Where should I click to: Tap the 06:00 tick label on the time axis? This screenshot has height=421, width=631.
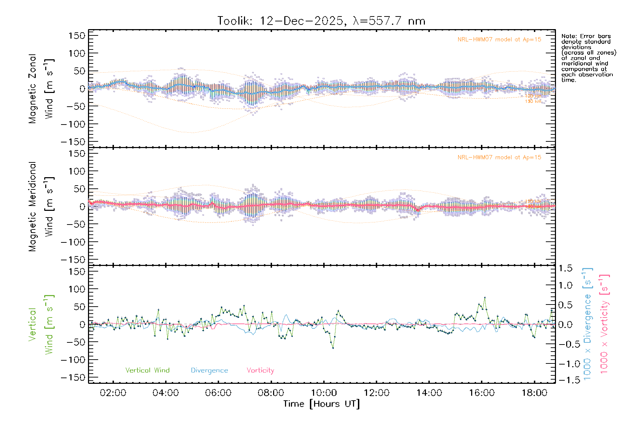tap(218, 393)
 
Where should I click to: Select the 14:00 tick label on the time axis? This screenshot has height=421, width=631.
tap(429, 393)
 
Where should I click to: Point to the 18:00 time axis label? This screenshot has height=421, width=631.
tap(534, 393)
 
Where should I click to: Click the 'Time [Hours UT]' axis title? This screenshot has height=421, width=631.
tap(321, 404)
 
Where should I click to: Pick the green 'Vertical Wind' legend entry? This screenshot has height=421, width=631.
tap(147, 370)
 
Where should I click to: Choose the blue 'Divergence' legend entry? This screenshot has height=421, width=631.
tap(209, 370)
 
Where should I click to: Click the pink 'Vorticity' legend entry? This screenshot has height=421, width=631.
tap(260, 370)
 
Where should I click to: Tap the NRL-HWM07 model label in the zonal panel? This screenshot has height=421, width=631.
tap(499, 40)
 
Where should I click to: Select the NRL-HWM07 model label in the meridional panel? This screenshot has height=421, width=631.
tap(499, 158)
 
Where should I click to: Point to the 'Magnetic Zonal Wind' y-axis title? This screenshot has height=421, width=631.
tap(41, 88)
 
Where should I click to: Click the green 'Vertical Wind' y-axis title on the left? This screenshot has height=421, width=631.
tap(41, 324)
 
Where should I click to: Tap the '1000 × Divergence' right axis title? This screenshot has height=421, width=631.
tap(587, 324)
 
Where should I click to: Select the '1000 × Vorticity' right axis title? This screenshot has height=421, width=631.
tap(604, 324)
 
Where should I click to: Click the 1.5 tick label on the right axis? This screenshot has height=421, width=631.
tap(565, 268)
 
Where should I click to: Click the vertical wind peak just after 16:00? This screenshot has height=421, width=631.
tap(485, 298)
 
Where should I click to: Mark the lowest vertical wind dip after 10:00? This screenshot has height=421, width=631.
tap(333, 348)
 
